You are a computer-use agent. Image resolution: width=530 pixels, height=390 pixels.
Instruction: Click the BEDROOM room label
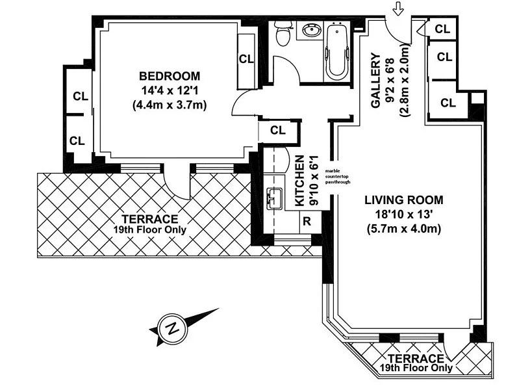170,76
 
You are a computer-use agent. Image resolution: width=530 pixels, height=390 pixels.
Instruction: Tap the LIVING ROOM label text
403,200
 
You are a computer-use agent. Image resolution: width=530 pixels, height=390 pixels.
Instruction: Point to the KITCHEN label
300,181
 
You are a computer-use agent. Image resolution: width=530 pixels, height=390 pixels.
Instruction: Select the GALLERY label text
375,81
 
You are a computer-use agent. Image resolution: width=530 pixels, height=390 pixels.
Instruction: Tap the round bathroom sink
310,31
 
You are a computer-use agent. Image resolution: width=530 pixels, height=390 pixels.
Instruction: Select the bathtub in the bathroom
336,49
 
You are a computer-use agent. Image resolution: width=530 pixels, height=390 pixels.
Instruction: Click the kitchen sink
275,198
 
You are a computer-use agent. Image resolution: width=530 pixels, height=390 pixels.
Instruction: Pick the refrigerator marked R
307,222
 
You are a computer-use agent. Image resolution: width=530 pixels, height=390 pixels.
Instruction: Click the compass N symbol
173,328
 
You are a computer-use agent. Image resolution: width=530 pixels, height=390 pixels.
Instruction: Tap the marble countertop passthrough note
337,176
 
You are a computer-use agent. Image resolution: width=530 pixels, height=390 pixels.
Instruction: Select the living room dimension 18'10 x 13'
404,214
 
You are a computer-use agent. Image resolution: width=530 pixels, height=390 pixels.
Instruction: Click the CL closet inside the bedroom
246,59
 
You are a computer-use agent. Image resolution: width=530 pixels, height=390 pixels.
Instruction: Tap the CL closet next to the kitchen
278,130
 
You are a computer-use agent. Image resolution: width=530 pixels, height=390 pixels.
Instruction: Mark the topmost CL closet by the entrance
442,29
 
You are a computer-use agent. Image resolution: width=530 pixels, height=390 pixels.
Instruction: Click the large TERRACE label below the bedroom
150,219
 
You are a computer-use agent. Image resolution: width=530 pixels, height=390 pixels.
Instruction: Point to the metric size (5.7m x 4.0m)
404,229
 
